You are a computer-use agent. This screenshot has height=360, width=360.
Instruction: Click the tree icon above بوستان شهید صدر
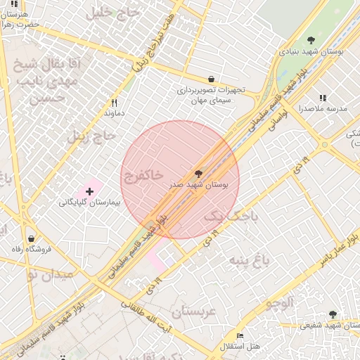198,172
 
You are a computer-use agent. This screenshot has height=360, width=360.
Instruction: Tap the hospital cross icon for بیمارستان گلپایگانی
89,191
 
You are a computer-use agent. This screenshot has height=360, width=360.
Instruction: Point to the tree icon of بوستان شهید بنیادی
311,41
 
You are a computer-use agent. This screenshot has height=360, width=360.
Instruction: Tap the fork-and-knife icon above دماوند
114,102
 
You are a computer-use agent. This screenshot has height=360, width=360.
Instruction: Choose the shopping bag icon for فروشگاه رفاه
30,238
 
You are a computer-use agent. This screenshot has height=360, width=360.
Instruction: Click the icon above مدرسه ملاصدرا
323,98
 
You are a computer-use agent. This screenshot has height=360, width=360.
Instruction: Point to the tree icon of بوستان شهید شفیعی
333,314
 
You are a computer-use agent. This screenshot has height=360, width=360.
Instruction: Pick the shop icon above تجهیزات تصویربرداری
211,79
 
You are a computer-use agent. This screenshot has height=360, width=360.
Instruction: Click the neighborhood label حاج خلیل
108,13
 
